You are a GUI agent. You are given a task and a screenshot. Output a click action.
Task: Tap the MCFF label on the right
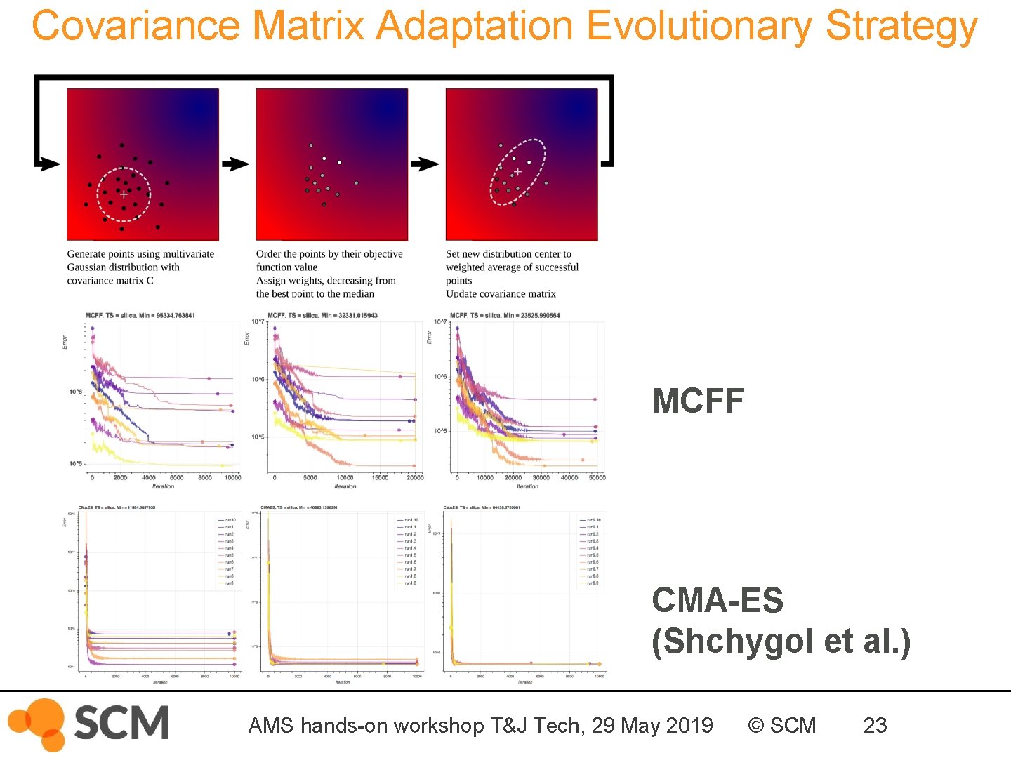click(x=698, y=401)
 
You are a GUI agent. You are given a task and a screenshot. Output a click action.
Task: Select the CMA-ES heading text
click(x=717, y=601)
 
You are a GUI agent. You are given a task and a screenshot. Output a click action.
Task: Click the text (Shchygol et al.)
click(x=781, y=641)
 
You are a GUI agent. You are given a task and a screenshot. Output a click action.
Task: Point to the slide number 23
click(x=875, y=725)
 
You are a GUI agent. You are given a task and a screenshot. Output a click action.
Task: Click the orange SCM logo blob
click(x=39, y=723)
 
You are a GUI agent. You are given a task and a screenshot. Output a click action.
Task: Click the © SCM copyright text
click(x=781, y=725)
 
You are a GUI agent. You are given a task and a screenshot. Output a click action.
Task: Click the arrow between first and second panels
click(x=235, y=164)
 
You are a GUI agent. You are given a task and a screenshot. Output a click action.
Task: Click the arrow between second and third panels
click(x=425, y=164)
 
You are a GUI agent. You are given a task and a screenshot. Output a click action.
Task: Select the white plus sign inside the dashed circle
click(x=124, y=194)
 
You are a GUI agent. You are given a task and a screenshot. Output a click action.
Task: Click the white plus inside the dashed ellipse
click(x=517, y=172)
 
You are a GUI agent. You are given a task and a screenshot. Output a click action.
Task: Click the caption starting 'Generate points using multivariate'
click(x=140, y=254)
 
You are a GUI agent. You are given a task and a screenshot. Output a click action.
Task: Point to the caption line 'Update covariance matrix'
click(x=501, y=294)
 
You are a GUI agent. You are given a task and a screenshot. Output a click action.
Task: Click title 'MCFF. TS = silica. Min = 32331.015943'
click(x=323, y=316)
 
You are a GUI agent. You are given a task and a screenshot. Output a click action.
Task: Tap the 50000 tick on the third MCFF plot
click(x=597, y=477)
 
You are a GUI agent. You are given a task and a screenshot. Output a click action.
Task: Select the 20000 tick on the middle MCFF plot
click(x=415, y=477)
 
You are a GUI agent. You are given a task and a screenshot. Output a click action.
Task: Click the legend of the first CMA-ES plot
click(x=227, y=552)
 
